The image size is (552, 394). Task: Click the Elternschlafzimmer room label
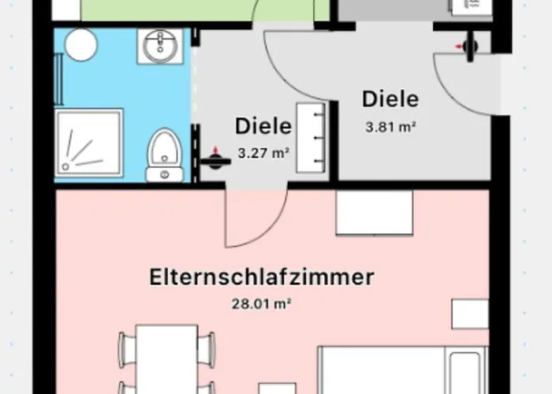point(261,277)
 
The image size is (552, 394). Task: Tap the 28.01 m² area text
point(261,303)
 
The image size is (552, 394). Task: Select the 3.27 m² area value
point(263,154)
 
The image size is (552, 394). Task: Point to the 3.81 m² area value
point(390,125)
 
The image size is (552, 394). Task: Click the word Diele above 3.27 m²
point(263,126)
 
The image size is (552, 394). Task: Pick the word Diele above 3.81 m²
point(390,100)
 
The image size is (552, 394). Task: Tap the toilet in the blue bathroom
point(164,154)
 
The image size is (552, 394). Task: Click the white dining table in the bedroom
point(166,355)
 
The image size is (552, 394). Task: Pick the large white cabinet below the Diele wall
point(374,213)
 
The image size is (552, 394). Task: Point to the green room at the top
point(158,9)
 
